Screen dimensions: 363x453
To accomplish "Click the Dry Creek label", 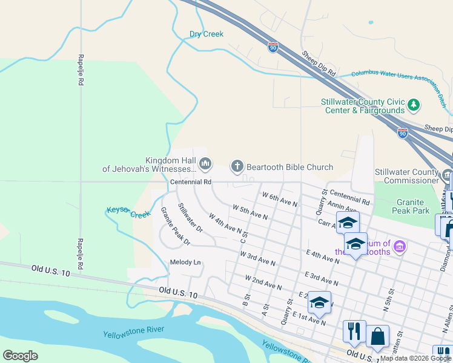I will tap(207, 34).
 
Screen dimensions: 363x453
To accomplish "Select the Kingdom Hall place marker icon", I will tap(205, 163).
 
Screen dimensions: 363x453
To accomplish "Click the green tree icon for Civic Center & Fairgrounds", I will tap(414, 105).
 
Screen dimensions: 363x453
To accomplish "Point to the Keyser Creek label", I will tap(128, 212).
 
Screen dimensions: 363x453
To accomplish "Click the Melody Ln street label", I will tap(185, 262).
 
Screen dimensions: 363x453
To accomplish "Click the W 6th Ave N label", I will tap(279, 200).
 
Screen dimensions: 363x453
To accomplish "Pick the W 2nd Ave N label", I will tap(263, 281).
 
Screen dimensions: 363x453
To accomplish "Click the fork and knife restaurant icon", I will tap(354, 331).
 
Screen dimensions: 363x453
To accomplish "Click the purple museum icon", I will tap(399, 246).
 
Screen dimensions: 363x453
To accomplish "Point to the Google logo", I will tap(21, 355).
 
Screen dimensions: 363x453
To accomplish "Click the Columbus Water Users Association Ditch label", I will tap(397, 77).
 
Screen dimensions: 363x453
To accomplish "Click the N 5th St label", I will tap(389, 299).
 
